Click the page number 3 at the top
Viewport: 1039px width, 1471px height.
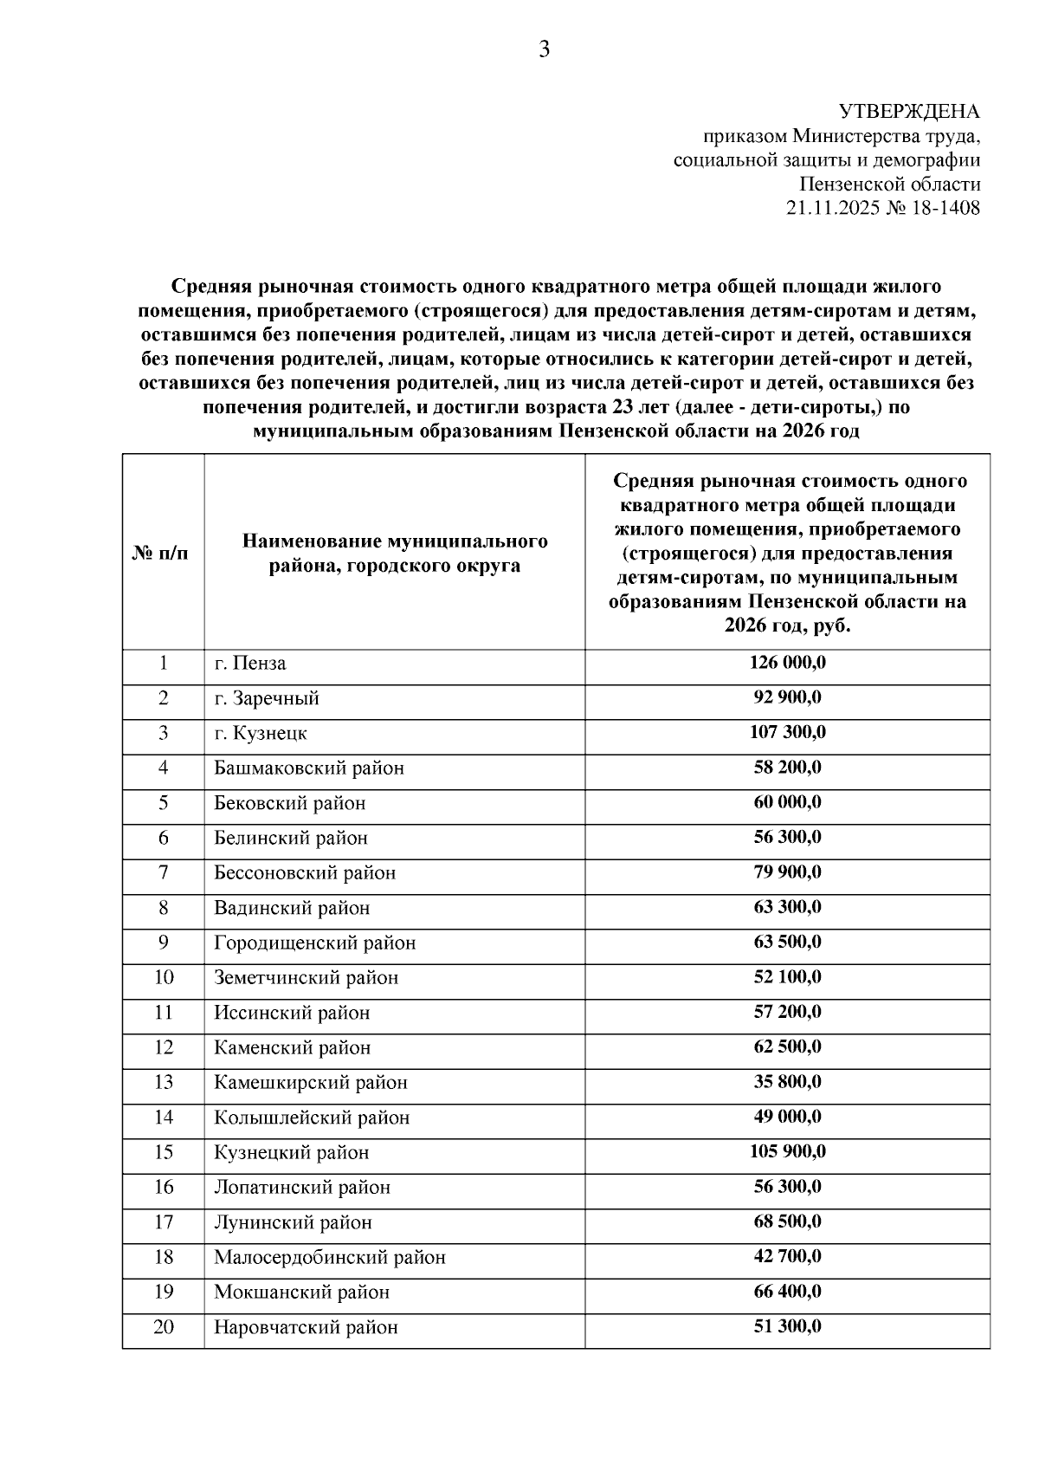coord(544,50)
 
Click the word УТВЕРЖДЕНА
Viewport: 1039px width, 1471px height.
coord(909,112)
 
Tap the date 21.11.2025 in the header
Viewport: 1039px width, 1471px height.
coord(832,209)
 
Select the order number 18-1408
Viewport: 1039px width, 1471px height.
coord(945,209)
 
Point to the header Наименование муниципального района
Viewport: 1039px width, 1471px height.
coord(394,553)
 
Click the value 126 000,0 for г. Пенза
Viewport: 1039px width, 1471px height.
coord(787,663)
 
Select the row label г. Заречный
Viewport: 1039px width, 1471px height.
coord(267,698)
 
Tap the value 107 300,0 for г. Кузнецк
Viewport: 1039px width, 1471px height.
coord(787,733)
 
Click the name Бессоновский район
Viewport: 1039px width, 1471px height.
coord(305,872)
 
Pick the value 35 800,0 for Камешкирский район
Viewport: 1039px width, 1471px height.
coord(787,1082)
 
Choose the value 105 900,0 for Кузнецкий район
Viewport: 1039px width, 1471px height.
coord(787,1152)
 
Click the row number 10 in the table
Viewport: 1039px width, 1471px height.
coord(163,977)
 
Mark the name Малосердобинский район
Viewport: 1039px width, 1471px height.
coord(330,1257)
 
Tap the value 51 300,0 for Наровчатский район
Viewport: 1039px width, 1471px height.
coord(787,1326)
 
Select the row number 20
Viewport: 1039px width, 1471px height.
coord(163,1327)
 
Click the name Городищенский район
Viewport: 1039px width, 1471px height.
coord(315,943)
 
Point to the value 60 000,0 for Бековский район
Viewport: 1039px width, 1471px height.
coord(787,802)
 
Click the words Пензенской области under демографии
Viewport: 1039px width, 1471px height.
coord(889,185)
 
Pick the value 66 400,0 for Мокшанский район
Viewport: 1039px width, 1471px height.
coord(787,1292)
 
